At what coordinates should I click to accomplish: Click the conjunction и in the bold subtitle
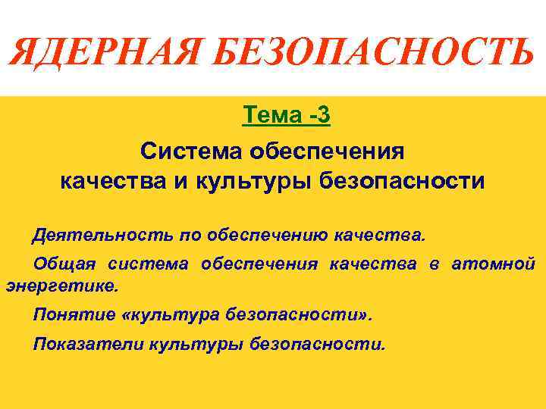tap(182, 181)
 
